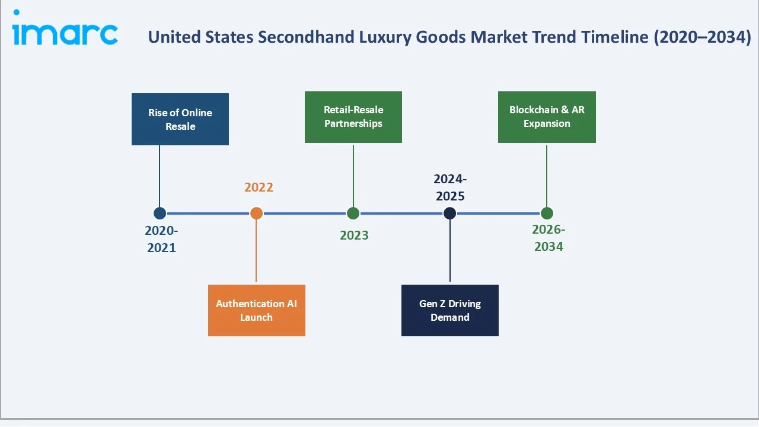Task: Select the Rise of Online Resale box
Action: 180,119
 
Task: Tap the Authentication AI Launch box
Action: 256,310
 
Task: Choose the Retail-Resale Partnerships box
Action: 353,117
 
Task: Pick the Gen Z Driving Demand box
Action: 449,310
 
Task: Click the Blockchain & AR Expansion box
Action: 547,117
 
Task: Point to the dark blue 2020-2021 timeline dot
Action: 160,213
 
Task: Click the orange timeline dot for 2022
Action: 256,213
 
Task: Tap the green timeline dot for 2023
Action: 353,213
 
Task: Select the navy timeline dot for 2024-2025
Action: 450,213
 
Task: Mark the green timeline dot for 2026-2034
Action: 547,213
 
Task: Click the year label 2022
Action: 259,187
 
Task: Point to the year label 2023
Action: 354,235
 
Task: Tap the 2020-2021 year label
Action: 161,239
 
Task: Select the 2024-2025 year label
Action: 449,187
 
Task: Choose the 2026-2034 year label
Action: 548,238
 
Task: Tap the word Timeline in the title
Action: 615,37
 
